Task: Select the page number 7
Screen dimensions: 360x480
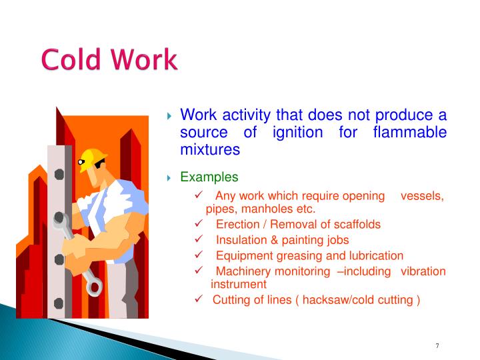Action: coord(437,345)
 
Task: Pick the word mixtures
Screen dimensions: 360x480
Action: coord(210,149)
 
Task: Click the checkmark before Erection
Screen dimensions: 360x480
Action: coord(198,224)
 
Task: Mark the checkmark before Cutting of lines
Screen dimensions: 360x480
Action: coord(198,299)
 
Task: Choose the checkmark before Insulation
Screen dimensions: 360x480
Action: coord(198,240)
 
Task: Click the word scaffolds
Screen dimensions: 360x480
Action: coord(357,224)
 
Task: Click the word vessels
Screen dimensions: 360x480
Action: coord(421,195)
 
